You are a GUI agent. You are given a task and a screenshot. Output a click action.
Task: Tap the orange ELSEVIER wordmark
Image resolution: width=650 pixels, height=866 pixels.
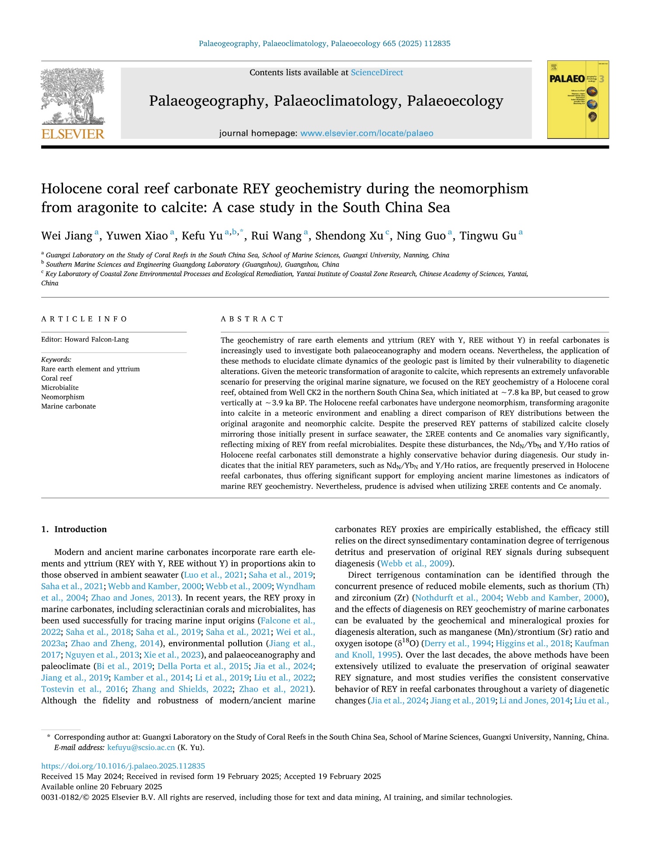(x=73, y=134)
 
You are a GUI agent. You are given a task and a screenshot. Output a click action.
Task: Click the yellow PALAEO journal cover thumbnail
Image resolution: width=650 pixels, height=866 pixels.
(x=578, y=100)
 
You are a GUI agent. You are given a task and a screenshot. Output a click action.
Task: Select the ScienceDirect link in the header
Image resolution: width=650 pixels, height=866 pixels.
(x=377, y=73)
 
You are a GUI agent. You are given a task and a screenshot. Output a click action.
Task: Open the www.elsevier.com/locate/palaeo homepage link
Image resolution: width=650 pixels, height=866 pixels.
(x=367, y=133)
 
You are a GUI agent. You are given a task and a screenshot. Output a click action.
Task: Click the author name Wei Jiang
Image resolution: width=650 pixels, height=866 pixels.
(x=67, y=236)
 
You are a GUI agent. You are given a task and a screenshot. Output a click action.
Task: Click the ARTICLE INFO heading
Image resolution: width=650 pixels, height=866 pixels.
(x=84, y=319)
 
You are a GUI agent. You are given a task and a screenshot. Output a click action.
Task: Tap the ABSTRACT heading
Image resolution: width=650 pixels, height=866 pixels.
(x=252, y=319)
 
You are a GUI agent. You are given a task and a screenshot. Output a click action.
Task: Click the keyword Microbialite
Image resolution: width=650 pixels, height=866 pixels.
(x=60, y=388)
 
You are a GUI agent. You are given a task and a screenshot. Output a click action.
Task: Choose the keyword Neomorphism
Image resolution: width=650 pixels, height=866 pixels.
(x=63, y=397)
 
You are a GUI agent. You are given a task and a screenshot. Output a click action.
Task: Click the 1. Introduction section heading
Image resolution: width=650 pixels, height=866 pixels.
(x=74, y=529)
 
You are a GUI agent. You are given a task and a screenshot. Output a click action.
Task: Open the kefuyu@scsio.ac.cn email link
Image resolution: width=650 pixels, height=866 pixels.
(x=141, y=747)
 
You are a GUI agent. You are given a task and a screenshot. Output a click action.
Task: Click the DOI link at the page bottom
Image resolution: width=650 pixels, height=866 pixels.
(x=123, y=766)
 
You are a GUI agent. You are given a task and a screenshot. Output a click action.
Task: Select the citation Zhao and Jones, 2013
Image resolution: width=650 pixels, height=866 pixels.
(x=134, y=598)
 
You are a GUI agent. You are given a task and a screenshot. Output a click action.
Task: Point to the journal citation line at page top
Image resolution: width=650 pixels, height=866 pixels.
(x=324, y=43)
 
